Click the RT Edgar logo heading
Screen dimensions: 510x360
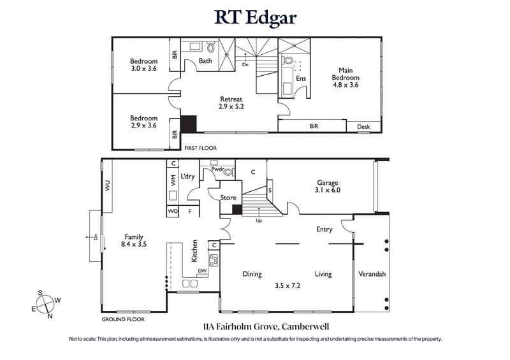pyautogui.click(x=254, y=17)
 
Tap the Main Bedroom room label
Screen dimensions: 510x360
pyautogui.click(x=346, y=78)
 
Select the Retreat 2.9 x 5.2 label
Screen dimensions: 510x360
pyautogui.click(x=231, y=103)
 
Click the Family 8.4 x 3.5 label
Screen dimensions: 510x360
pyautogui.click(x=134, y=239)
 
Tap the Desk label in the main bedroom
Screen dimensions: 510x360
pyautogui.click(x=363, y=127)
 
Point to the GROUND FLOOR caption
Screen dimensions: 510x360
pyautogui.click(x=123, y=319)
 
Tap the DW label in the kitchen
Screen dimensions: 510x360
pyautogui.click(x=202, y=271)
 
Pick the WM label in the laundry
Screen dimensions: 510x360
pyautogui.click(x=172, y=182)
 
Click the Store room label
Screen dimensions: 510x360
pyautogui.click(x=228, y=198)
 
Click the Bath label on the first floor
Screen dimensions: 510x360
pyautogui.click(x=205, y=61)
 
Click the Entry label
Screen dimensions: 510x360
pyautogui.click(x=324, y=229)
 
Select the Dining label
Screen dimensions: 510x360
pyautogui.click(x=252, y=275)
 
